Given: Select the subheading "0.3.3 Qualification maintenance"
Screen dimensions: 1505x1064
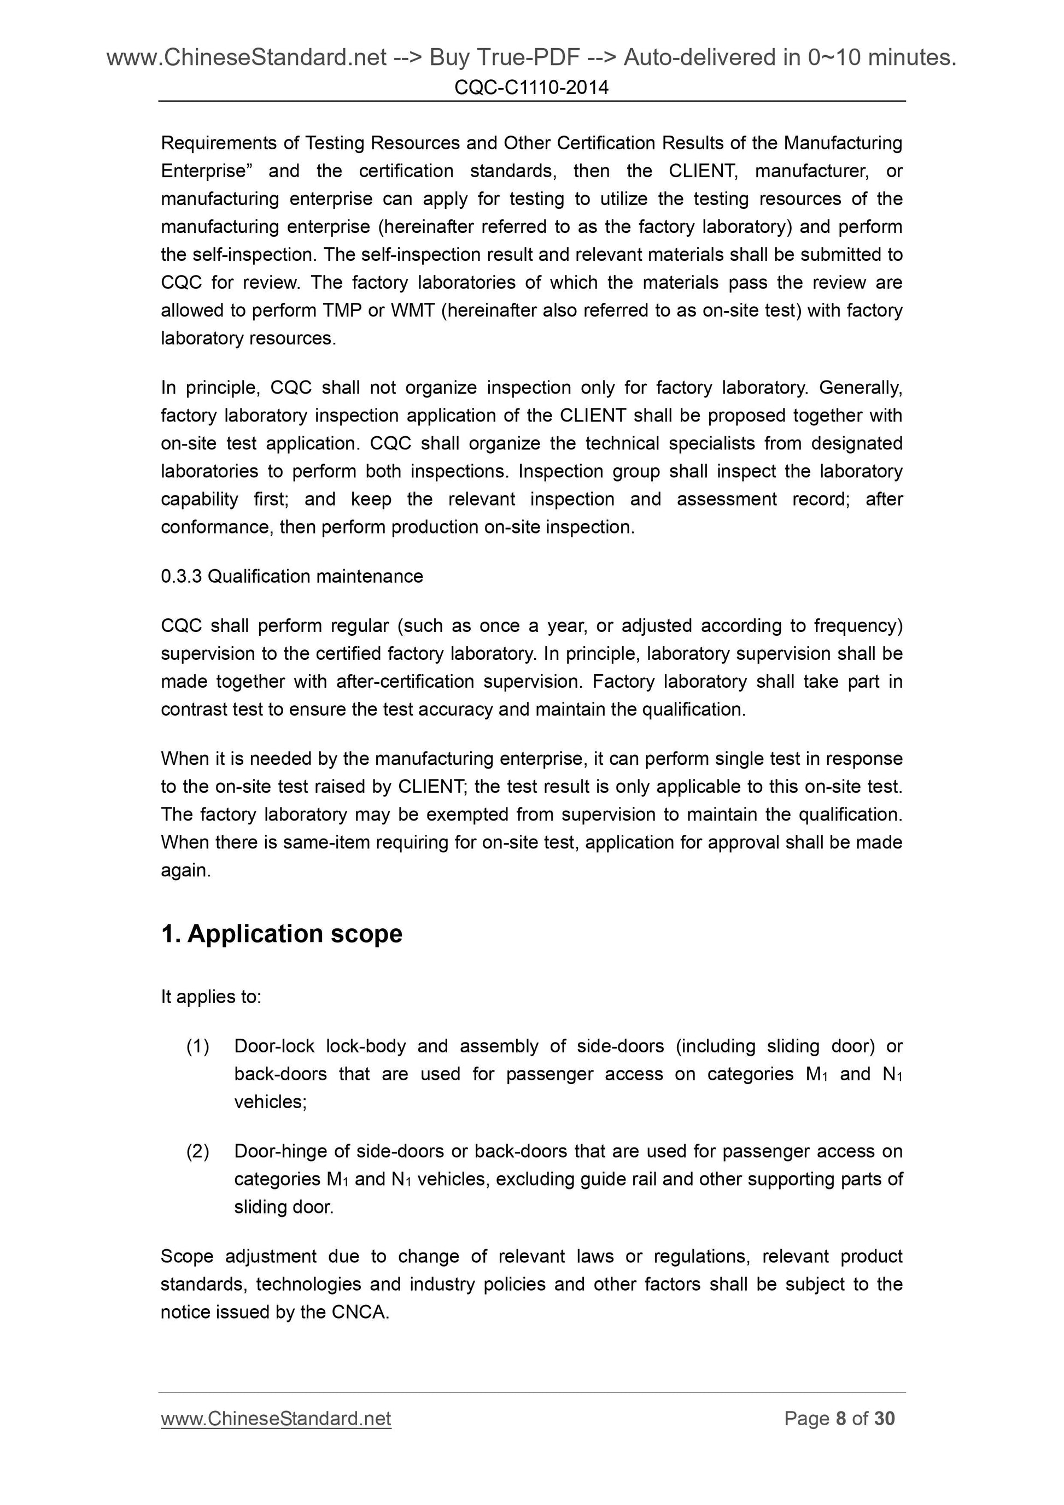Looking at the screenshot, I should click(x=292, y=576).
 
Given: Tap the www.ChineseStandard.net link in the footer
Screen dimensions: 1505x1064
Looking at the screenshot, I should click(x=276, y=1419).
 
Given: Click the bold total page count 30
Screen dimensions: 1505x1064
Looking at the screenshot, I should click(x=884, y=1419).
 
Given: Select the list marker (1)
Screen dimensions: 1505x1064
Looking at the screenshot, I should click(x=198, y=1046).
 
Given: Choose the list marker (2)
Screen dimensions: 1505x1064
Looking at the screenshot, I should click(x=198, y=1151).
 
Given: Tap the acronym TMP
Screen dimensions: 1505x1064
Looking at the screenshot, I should click(x=342, y=310).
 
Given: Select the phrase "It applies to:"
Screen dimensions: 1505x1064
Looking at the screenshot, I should click(x=211, y=997).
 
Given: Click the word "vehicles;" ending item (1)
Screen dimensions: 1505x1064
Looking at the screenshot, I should click(x=271, y=1102).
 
